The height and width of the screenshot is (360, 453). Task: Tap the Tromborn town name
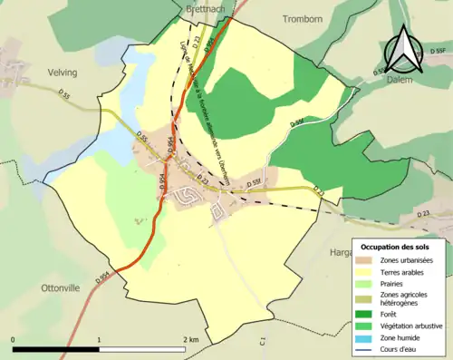tap(303, 18)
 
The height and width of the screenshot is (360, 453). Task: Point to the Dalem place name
tap(399, 80)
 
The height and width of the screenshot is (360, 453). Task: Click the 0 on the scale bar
tap(14, 339)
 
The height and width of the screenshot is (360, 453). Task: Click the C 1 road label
tap(261, 342)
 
